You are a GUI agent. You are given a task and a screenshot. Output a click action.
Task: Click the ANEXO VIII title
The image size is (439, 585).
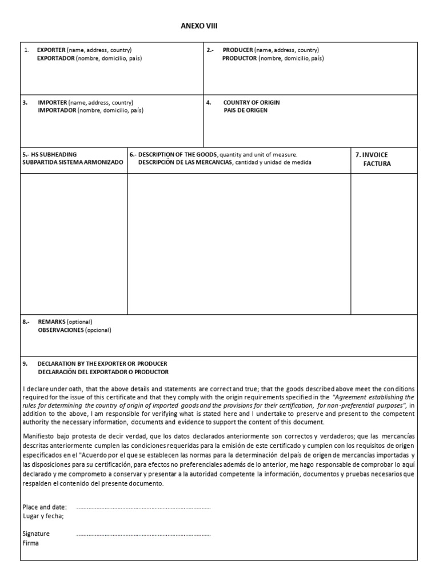point(199,26)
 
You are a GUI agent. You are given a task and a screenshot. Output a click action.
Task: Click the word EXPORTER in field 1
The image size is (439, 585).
point(51,50)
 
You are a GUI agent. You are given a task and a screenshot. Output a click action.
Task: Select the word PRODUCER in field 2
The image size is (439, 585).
point(238,50)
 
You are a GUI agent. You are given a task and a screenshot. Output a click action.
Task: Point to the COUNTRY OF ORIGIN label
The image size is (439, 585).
point(252,102)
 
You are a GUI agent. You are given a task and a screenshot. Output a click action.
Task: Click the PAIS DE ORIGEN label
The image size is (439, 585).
point(245,110)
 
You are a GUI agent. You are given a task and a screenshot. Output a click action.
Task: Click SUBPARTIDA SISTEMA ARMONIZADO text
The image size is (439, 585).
point(73,162)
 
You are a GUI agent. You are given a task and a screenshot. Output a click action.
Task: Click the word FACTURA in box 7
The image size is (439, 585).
point(377,164)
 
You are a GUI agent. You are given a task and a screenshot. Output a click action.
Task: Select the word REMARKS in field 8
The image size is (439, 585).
point(52,322)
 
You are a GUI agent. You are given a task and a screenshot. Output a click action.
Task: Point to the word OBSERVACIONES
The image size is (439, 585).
point(61,330)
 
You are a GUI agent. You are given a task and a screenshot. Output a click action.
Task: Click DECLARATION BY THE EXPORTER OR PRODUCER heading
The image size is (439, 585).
point(102,363)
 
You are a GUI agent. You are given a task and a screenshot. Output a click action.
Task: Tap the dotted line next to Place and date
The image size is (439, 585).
point(143,507)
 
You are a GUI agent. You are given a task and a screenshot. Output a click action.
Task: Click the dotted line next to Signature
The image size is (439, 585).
point(143,535)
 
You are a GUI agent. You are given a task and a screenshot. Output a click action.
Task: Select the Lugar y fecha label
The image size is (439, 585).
point(43,516)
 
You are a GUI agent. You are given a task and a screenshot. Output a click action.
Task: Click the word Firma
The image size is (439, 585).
point(30,543)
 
